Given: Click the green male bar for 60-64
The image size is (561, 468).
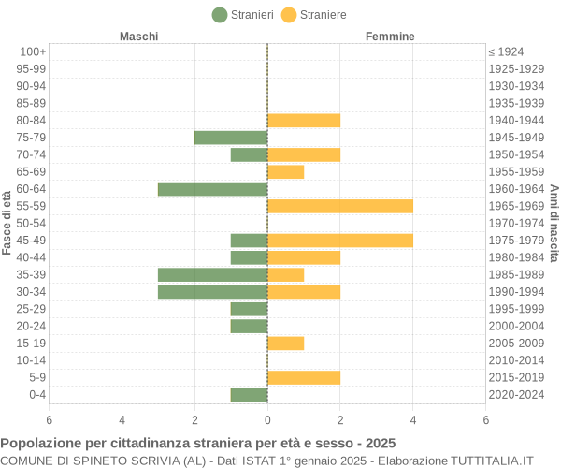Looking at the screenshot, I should (x=212, y=189).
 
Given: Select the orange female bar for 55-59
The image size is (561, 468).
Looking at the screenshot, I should (x=340, y=206).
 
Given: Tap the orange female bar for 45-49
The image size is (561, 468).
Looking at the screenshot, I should (x=340, y=241).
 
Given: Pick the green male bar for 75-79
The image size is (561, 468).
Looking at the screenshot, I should (x=231, y=138).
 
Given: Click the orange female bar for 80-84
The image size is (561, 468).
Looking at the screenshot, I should (x=304, y=121).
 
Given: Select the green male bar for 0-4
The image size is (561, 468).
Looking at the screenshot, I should (x=249, y=395).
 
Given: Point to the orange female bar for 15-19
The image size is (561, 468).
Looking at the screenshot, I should (x=286, y=344).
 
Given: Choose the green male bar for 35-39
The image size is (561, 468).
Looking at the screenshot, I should (x=212, y=275).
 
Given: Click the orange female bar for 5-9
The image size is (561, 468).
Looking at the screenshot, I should (x=304, y=377).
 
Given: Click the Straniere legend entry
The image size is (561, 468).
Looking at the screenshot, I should (x=313, y=15).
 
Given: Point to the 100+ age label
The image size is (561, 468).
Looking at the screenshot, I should (x=33, y=51).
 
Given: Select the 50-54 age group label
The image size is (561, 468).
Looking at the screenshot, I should (x=31, y=224).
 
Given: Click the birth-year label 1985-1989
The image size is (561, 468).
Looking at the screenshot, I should (x=516, y=275).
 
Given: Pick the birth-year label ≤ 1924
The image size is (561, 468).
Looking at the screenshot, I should (x=506, y=51).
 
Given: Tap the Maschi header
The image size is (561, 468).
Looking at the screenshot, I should (x=138, y=37).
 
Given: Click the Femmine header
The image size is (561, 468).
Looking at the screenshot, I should (x=390, y=37).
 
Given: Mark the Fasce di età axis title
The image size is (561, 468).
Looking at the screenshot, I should (x=7, y=223).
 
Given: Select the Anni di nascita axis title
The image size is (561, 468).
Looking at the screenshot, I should (x=554, y=223).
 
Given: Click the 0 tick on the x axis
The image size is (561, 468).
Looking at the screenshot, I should (x=267, y=420).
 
